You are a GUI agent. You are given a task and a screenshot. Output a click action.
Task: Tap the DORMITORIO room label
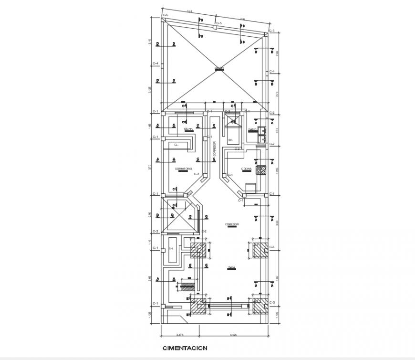click(183, 169)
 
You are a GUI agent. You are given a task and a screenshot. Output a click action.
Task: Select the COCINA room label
click(246, 168)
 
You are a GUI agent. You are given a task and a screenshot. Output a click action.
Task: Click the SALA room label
click(232, 267)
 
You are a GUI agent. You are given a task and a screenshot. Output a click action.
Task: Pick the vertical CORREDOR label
click(215, 149)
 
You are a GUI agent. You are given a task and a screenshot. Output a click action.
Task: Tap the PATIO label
click(252, 129)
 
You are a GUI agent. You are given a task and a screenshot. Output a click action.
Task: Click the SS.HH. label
click(188, 128)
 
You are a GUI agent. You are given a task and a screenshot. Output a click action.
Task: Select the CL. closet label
click(176, 144)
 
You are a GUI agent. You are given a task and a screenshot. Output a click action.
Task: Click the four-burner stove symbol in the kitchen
click(260, 170)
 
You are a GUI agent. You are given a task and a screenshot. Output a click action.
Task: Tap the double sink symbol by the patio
click(261, 136)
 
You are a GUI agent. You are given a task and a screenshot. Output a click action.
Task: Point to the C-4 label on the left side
click(156, 63)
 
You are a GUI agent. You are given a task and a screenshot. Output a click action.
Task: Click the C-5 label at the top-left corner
click(166, 16)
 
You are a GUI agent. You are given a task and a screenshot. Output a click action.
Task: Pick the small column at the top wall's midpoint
click(215, 28)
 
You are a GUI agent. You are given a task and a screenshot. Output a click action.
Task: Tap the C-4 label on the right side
click(272, 72)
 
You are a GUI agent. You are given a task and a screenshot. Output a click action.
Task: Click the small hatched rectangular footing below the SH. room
click(187, 286)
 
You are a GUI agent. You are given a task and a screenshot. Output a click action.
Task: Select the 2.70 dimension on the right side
click(278, 94)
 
